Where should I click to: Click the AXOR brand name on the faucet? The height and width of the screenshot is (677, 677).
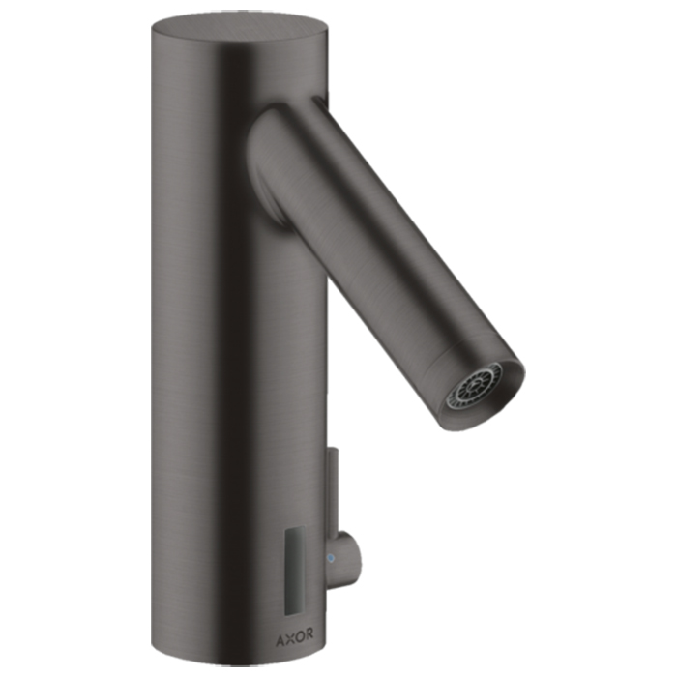(294, 635)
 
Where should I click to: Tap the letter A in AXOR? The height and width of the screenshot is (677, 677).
(280, 635)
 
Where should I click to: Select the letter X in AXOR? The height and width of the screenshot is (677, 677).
(289, 635)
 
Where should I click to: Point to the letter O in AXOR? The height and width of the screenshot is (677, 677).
(299, 635)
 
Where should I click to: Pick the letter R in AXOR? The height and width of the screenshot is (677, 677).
(309, 635)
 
